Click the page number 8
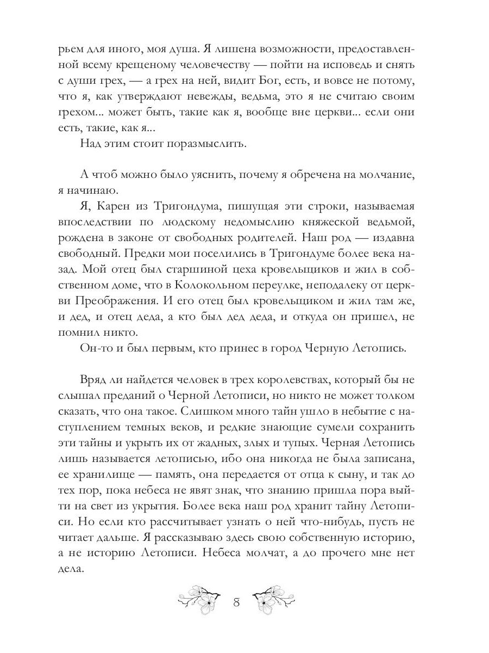[x=236, y=603]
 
